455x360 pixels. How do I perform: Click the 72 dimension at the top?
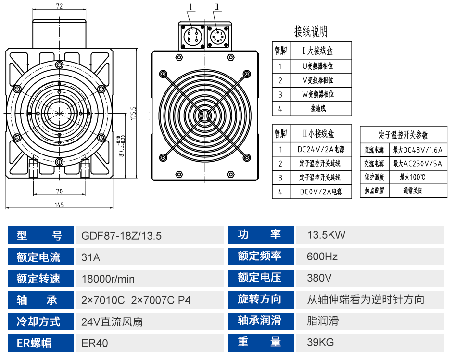click(60, 6)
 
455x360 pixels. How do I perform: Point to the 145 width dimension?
click(59, 205)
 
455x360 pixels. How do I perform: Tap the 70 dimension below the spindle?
click(59, 191)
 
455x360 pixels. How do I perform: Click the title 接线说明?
click(311, 32)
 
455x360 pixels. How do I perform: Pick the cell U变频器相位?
click(318, 66)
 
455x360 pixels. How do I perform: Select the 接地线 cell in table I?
click(318, 109)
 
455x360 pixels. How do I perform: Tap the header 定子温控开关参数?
click(403, 135)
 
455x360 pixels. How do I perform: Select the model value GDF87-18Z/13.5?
click(121, 236)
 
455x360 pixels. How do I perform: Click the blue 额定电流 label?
click(39, 257)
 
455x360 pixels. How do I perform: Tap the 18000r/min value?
click(108, 279)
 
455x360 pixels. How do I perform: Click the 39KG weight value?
click(320, 343)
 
